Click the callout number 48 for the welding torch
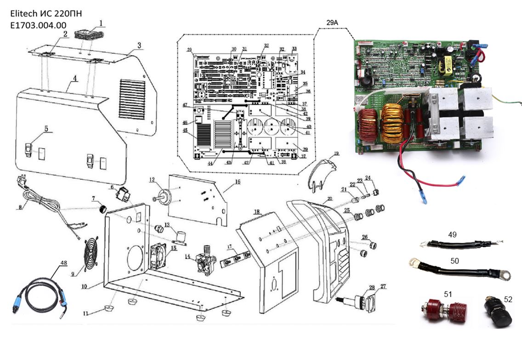coord(63,263)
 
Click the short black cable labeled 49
coord(453,244)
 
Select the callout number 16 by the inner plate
coord(237,182)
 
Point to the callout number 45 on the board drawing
coord(185,131)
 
